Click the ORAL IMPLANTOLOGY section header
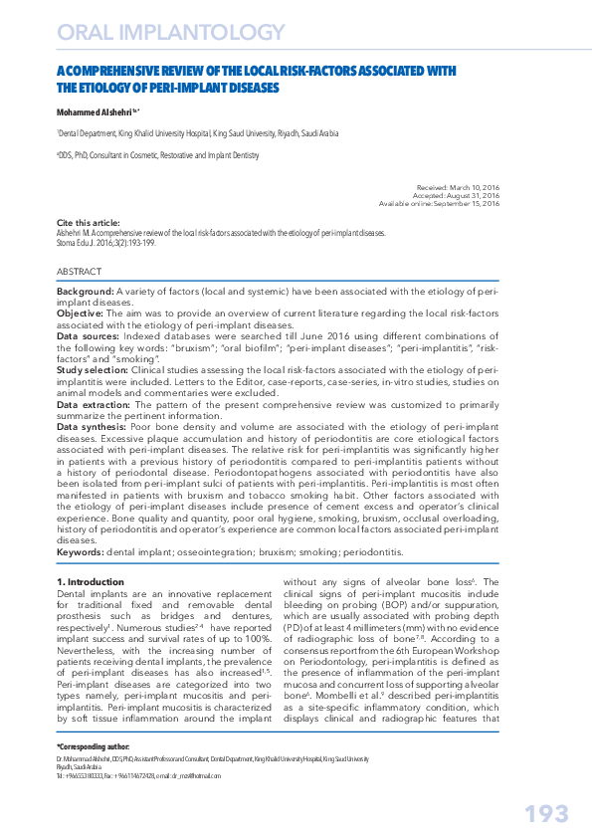172,34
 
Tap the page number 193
546,813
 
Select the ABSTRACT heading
79,271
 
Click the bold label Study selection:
93,369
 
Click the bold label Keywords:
81,550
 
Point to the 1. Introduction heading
91,580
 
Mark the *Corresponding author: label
93,746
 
